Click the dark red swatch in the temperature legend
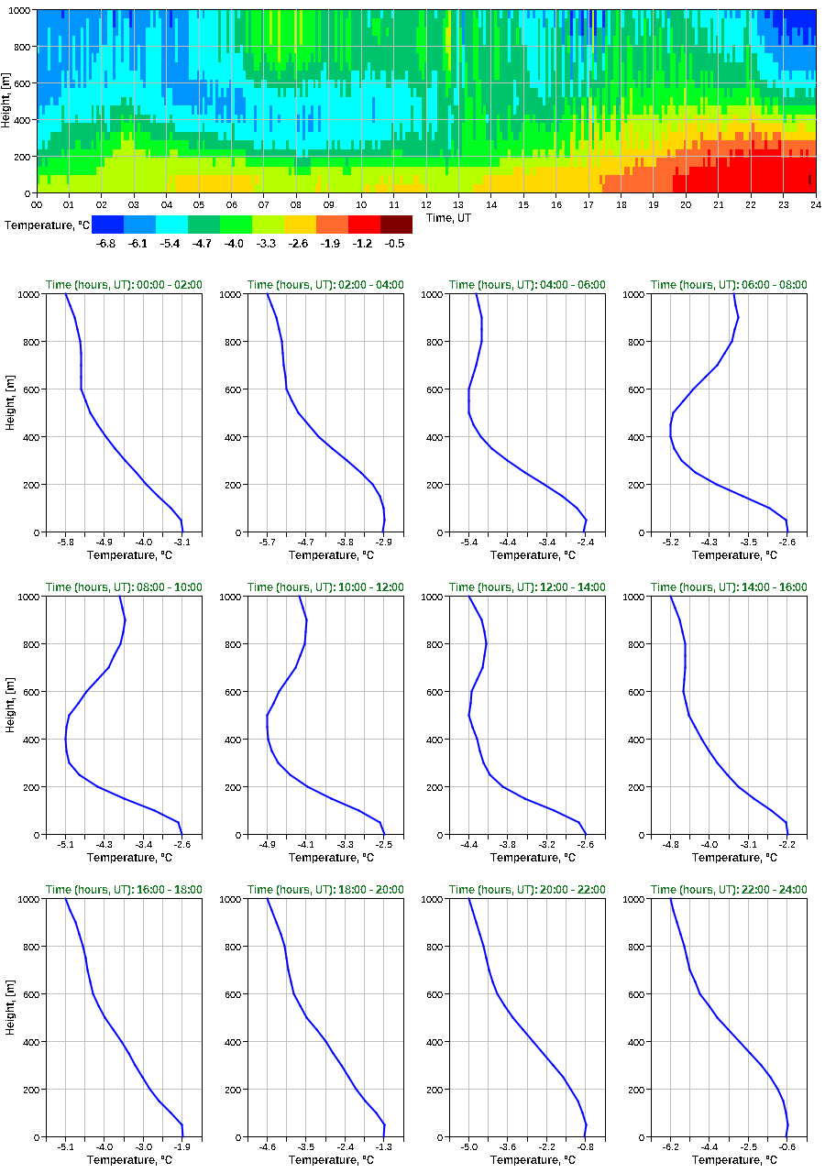[396, 225]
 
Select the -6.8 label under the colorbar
[106, 244]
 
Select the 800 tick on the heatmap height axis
[22, 47]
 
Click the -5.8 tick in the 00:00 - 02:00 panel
[65, 542]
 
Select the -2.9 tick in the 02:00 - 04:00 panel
[384, 542]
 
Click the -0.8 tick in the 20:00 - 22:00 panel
[586, 1146]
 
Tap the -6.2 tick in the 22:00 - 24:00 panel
[670, 1146]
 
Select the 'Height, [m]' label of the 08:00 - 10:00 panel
[9, 715]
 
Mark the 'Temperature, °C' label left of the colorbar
[45, 225]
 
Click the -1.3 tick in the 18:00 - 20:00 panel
[384, 1146]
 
